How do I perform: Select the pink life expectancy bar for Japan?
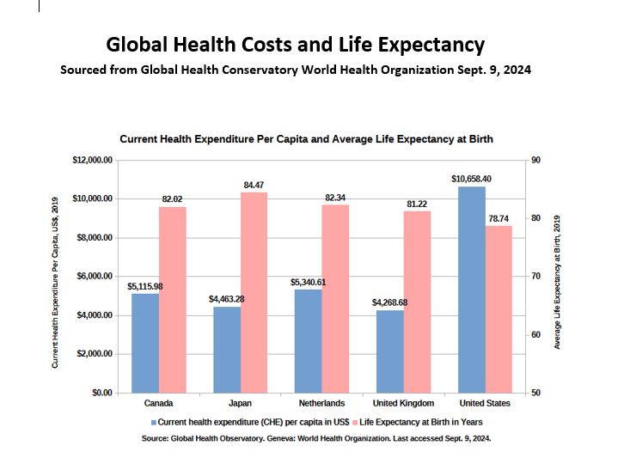pos(254,292)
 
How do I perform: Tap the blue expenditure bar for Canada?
pos(145,343)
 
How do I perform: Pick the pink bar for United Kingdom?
pos(417,302)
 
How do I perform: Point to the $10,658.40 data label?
pos(471,179)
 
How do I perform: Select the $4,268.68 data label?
pos(389,302)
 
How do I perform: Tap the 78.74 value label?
pos(498,218)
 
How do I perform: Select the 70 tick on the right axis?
pos(536,277)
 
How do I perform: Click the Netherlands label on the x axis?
pos(322,403)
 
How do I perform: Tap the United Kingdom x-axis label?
pos(403,403)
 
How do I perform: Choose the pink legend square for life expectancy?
pos(355,423)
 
